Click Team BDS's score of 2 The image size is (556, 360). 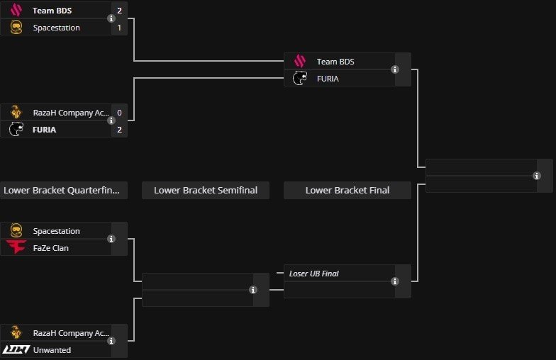coord(119,11)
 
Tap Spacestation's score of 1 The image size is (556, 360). coord(119,28)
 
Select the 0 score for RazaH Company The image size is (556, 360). coord(119,113)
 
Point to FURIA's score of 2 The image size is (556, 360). coord(119,130)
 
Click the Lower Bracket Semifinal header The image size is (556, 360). coord(206,190)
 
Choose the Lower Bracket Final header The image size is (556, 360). coord(347,190)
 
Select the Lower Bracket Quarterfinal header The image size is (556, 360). coord(64,190)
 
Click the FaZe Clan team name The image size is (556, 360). coord(51,248)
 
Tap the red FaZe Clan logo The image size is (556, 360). coord(16,248)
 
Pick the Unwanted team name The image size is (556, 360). coord(52,350)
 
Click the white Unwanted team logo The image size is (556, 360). coord(16,350)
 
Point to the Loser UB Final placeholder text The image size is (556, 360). coord(313,274)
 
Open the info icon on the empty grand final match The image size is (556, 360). coord(537,176)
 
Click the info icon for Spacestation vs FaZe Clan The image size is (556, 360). coord(111,240)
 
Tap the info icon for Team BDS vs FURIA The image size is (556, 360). coord(395,69)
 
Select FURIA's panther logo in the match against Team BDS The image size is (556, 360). coord(300,79)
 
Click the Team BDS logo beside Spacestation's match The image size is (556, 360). coord(16,11)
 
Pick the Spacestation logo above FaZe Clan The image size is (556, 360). coord(16,231)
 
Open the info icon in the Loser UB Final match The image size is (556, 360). coord(395,281)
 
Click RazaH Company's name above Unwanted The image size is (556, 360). coord(71,333)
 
